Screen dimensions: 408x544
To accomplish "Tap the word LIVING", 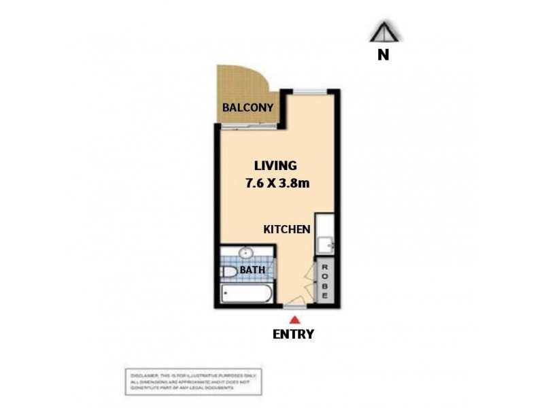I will pyautogui.click(x=275, y=165).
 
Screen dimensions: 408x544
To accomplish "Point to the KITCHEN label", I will pyautogui.click(x=287, y=230).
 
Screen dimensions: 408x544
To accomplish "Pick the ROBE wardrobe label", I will pyautogui.click(x=326, y=282).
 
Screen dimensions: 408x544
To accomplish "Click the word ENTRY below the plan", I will pyautogui.click(x=293, y=333).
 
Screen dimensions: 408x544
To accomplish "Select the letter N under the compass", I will pyautogui.click(x=384, y=55).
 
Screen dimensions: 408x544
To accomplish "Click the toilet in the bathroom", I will pyautogui.click(x=230, y=272).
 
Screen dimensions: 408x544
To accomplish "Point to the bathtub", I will pyautogui.click(x=245, y=294).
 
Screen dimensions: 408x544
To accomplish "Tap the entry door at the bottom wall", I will pyautogui.click(x=294, y=302).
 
